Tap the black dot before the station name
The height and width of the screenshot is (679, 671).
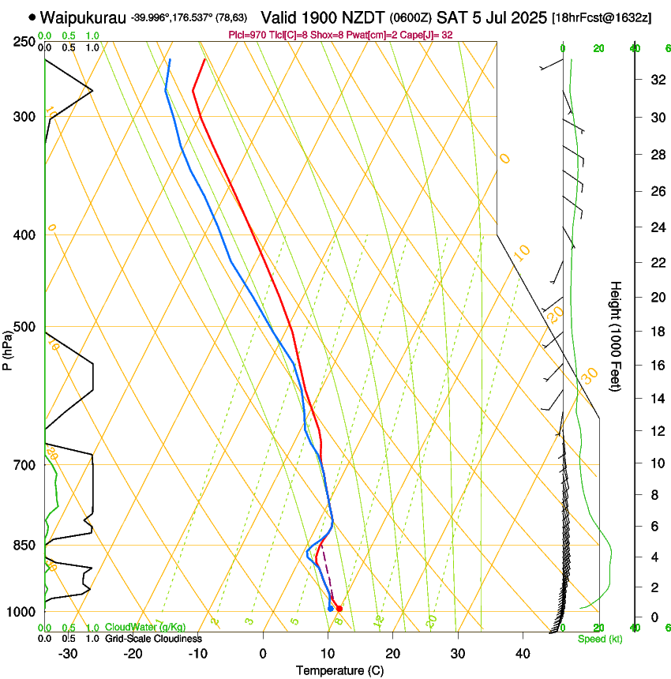pos(32,17)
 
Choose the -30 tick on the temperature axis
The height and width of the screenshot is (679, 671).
pos(68,654)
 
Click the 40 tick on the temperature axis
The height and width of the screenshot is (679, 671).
pos(522,654)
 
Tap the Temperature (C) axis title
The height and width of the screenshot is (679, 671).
pos(339,670)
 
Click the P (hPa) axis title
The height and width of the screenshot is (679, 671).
pos(7,347)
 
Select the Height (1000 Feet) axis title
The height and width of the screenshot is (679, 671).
pos(616,336)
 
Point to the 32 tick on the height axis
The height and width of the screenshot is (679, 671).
pos(656,80)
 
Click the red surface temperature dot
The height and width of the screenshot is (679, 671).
pos(339,609)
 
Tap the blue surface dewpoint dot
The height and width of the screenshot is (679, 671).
pos(330,608)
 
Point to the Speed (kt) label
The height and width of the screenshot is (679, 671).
pos(599,639)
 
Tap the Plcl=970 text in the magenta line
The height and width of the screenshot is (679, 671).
pos(245,35)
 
